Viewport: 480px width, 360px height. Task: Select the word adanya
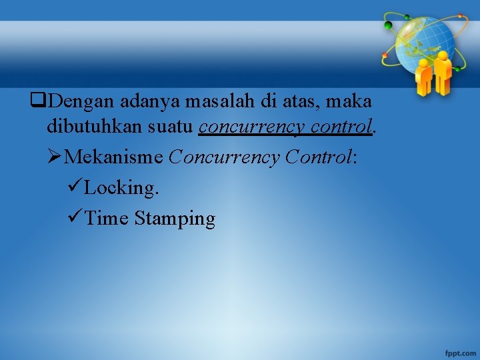tap(148, 101)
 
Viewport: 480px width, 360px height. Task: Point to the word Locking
tap(122, 188)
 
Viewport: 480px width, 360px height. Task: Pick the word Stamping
tap(175, 219)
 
